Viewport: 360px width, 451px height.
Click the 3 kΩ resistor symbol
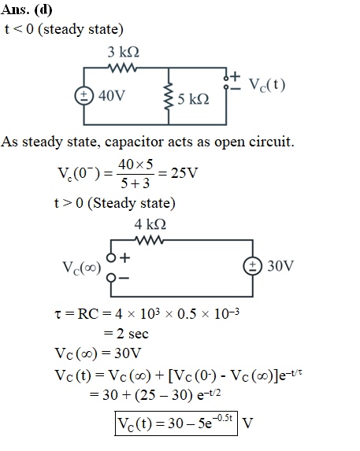click(122, 68)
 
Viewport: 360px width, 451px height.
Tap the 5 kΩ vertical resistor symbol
click(169, 96)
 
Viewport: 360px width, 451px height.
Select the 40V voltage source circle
click(84, 96)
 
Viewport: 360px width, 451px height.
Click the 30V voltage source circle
click(253, 266)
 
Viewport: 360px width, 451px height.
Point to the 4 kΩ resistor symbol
click(150, 240)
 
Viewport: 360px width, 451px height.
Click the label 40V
click(112, 96)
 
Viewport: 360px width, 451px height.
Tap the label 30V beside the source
click(280, 266)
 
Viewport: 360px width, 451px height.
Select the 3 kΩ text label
click(124, 52)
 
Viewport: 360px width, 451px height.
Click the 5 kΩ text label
click(193, 99)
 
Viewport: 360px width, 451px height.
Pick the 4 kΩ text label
click(150, 224)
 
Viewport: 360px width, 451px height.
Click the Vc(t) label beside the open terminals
click(267, 85)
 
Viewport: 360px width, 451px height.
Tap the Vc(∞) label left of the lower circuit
click(82, 268)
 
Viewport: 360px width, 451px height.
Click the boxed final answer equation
click(176, 423)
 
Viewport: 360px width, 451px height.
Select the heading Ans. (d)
click(27, 9)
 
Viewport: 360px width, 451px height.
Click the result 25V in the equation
click(184, 173)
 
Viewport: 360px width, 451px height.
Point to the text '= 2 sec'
click(126, 334)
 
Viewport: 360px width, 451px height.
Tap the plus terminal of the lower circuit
click(111, 257)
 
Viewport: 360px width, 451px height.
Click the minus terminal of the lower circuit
click(111, 278)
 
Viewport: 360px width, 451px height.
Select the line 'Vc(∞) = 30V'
click(98, 353)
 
